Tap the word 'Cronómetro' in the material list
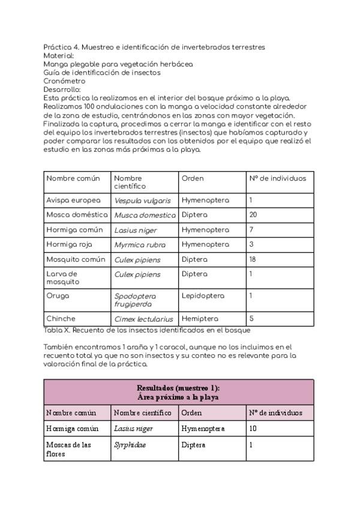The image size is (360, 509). coord(64,81)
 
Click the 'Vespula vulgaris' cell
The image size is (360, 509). coord(142,200)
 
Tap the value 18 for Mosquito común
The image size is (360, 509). coord(252,260)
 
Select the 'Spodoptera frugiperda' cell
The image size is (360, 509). coord(136,300)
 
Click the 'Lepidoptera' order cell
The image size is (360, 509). coord(203,296)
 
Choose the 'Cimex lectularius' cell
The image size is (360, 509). coord(143,319)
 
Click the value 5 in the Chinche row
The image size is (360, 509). coord(251,319)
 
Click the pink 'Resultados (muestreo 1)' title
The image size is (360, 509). coord(178,392)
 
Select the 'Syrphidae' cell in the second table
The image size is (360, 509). coord(130,445)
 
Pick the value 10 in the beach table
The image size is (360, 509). coord(253,429)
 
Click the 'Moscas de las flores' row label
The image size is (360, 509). coord(68,450)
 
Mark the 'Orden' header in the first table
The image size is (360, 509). coord(193,178)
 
